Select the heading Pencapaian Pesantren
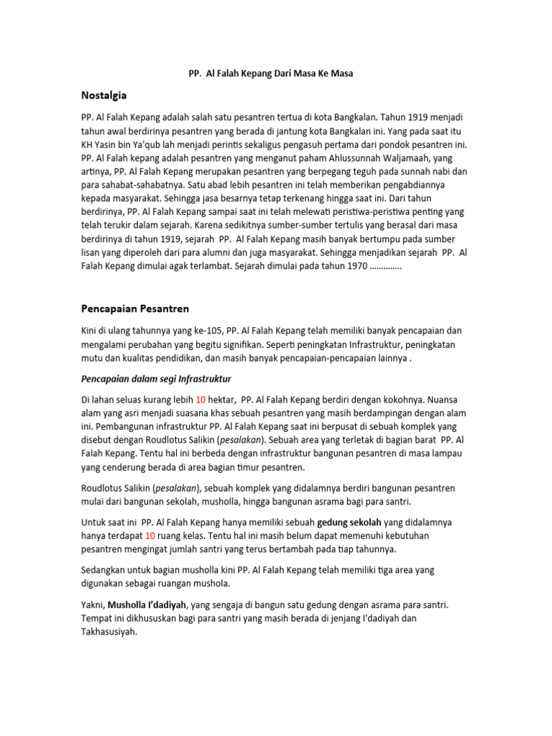tap(135, 308)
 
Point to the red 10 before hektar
tap(201, 399)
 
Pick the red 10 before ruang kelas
tap(150, 535)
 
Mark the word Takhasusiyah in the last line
tap(109, 632)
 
